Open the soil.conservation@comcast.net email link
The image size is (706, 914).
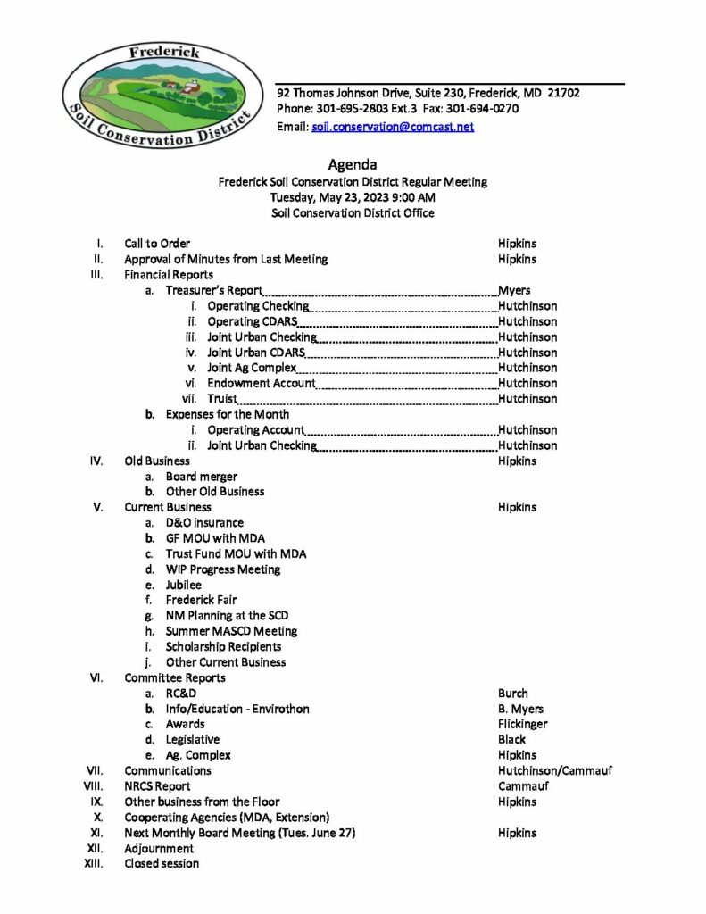(393, 127)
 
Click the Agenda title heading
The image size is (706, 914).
(353, 164)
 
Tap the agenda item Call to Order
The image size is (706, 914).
(157, 244)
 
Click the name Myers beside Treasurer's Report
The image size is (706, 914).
(514, 290)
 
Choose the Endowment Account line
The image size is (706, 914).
(262, 383)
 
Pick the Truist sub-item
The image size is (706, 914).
(222, 399)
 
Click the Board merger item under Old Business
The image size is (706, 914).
(202, 477)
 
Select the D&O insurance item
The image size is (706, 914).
(204, 523)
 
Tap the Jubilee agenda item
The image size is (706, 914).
(184, 585)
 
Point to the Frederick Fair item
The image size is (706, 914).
(202, 600)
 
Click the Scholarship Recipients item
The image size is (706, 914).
(223, 646)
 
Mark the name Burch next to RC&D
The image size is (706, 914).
(513, 694)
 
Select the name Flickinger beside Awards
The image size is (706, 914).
(523, 724)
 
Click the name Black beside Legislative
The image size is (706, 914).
(512, 740)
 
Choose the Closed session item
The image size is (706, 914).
(162, 864)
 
